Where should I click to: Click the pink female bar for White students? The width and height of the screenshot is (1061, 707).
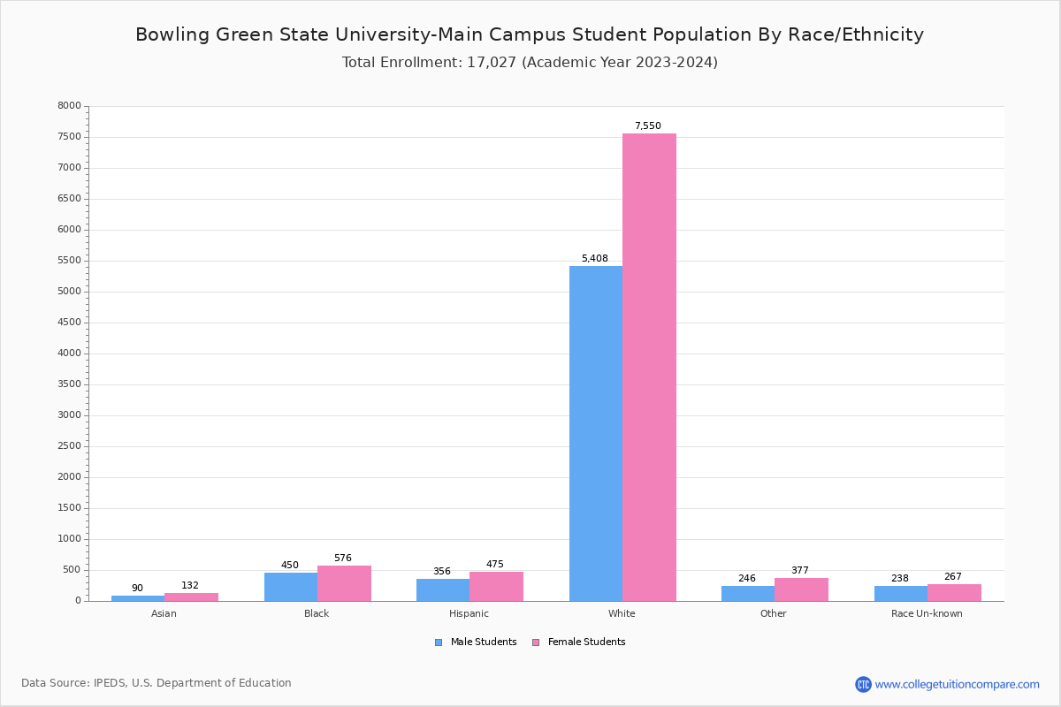click(x=649, y=367)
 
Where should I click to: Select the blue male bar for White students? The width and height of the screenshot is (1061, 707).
click(x=596, y=433)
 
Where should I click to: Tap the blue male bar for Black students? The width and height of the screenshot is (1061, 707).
click(x=291, y=587)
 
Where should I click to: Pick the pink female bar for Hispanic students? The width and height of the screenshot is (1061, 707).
click(x=496, y=586)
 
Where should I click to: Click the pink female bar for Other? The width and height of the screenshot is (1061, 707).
click(x=801, y=589)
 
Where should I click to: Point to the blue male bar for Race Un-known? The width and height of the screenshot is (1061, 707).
click(x=901, y=593)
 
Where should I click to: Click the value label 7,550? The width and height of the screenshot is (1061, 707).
click(x=647, y=126)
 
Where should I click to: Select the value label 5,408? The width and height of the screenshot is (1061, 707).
click(x=594, y=259)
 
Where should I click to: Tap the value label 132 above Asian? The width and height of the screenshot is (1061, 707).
click(x=190, y=586)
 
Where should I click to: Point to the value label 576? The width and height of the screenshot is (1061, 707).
click(x=342, y=559)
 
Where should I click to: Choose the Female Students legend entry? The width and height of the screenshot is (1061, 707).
click(x=579, y=642)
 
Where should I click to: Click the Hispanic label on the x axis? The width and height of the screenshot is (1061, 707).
click(x=469, y=614)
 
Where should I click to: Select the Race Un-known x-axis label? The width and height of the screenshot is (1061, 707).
click(x=927, y=614)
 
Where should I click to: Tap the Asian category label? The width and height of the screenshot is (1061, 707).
click(x=164, y=614)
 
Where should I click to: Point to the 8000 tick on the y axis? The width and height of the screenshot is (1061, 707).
click(x=69, y=106)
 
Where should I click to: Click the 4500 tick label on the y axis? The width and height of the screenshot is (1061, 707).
click(x=69, y=323)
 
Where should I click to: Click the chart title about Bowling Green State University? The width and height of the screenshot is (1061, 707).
click(x=530, y=35)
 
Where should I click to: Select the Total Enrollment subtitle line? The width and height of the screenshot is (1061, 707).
click(x=530, y=63)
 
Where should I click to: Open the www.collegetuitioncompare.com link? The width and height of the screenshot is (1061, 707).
click(x=957, y=684)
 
